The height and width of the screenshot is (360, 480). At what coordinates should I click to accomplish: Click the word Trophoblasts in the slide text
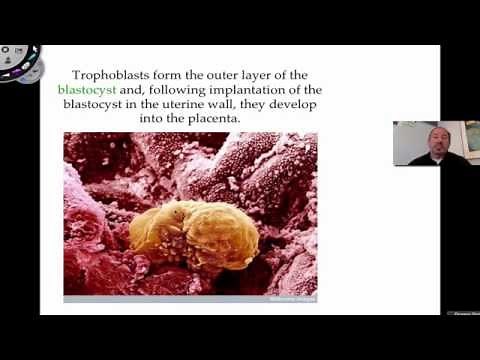click(113, 75)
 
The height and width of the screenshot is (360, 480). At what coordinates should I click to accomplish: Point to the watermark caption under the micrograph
click(291, 297)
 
